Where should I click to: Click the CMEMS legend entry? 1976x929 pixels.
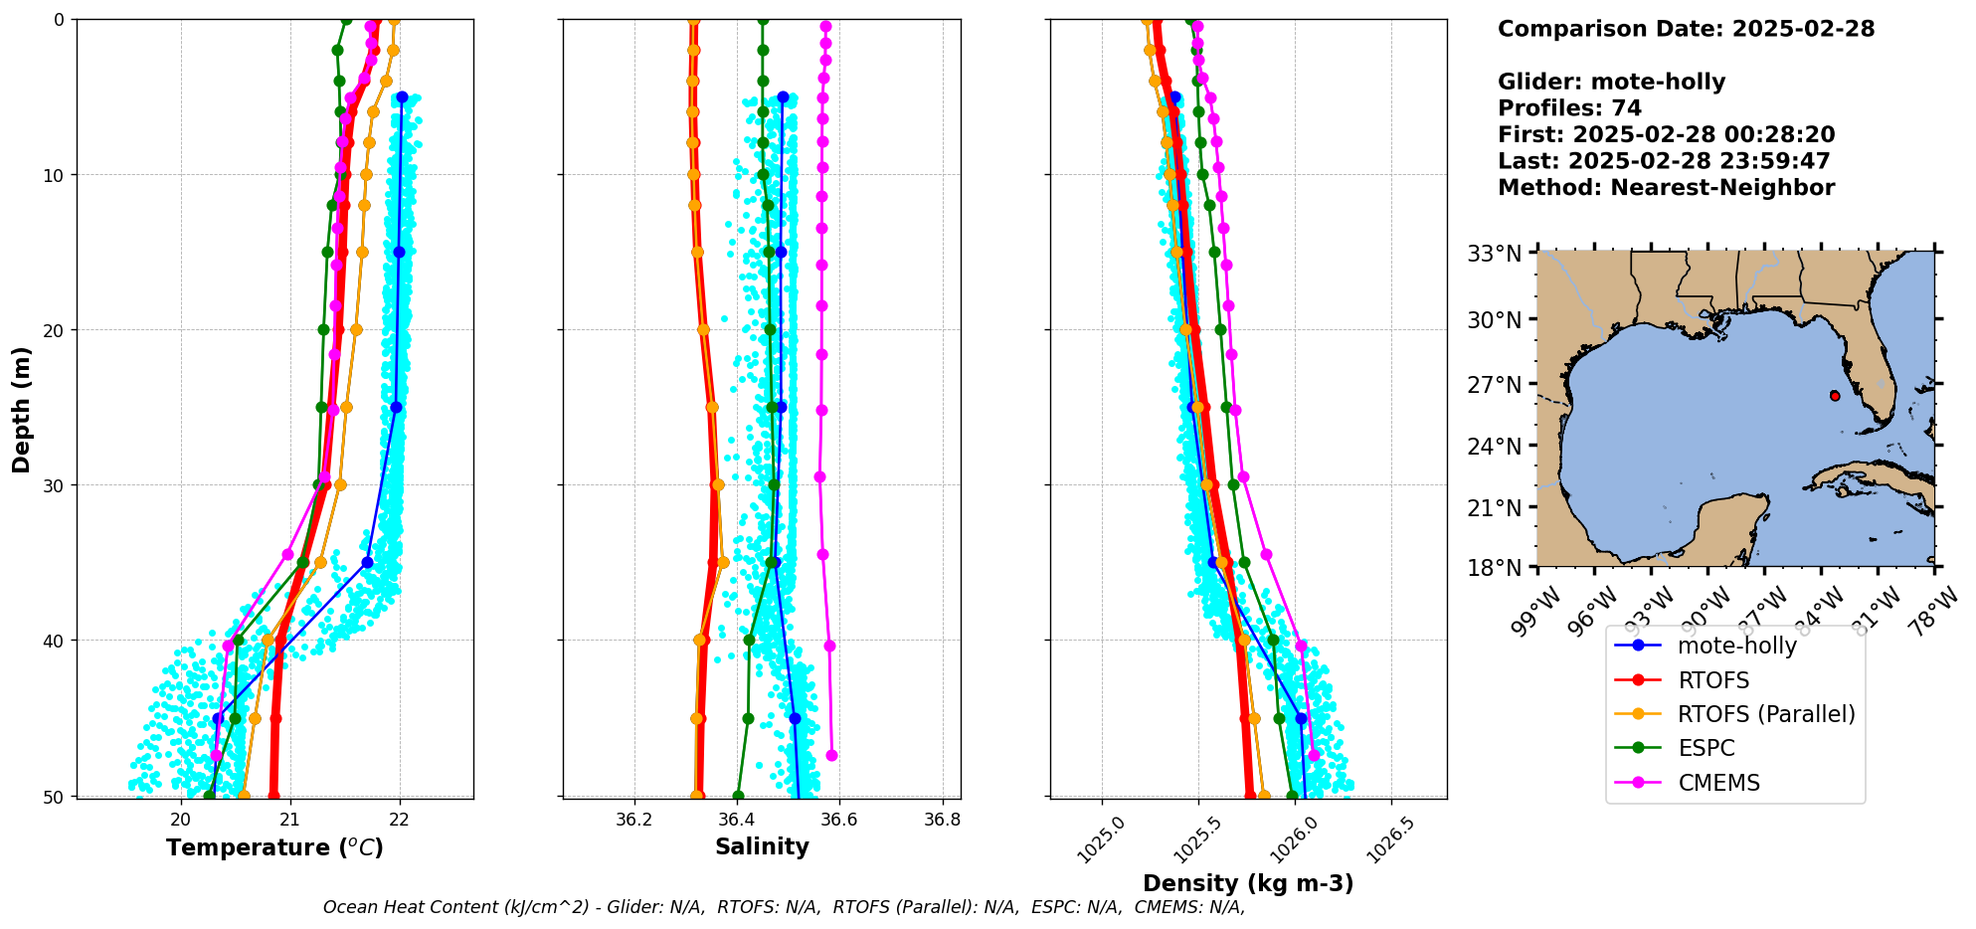(x=1718, y=783)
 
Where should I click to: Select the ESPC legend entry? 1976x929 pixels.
(x=1706, y=748)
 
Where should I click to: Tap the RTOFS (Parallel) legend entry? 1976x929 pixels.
(x=1765, y=714)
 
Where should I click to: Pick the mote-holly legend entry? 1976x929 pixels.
(x=1736, y=646)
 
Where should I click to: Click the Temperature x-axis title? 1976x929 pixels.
(x=274, y=847)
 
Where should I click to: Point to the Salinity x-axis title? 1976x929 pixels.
(x=762, y=846)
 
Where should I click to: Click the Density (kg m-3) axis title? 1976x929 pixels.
(x=1248, y=883)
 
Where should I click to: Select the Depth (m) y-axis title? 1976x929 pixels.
(x=22, y=409)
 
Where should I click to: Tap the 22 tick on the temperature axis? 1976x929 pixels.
(x=399, y=820)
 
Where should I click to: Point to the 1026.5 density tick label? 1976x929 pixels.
(x=1389, y=838)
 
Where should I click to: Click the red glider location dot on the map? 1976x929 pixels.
(x=1835, y=396)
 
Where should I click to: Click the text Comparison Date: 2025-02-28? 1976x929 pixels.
(x=1686, y=29)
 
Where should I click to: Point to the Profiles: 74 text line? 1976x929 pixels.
(x=1569, y=108)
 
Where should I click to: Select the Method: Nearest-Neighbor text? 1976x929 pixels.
(x=1666, y=187)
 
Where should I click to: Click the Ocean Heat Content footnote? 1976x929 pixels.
(x=784, y=907)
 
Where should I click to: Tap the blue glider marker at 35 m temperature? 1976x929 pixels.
(x=367, y=563)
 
